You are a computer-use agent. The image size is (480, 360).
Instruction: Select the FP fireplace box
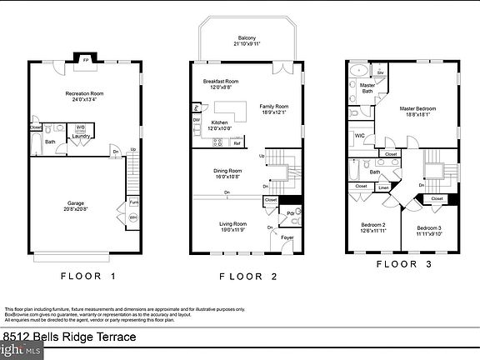pos(85,59)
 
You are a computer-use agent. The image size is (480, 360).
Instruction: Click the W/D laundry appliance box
pos(81,127)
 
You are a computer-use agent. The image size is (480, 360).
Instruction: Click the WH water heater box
pos(132,219)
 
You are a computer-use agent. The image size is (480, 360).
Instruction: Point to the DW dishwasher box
pos(196,120)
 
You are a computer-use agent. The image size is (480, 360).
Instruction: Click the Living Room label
pos(232,226)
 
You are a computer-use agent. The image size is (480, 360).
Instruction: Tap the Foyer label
pos(287,237)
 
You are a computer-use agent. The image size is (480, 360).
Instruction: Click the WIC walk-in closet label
pos(360,135)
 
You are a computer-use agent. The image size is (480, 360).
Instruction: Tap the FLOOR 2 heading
pos(247,275)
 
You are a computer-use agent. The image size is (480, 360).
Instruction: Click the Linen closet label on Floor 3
pos(383,187)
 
